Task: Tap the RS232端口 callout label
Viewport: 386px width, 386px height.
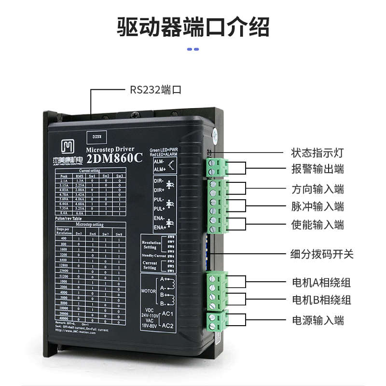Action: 155,89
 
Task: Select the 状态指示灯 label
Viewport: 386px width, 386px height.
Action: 317,153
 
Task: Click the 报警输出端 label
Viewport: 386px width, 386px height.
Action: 317,169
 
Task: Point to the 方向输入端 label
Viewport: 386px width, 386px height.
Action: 317,189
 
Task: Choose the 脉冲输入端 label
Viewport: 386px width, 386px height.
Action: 317,207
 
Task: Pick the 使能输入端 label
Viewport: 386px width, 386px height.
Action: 317,224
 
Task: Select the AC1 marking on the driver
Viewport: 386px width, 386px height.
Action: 167,314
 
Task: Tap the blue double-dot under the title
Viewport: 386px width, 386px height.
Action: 193,49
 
